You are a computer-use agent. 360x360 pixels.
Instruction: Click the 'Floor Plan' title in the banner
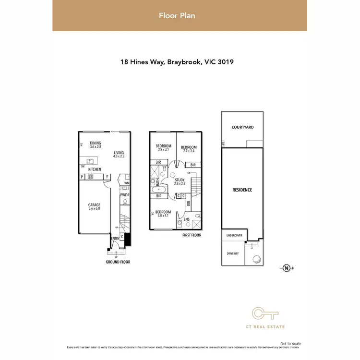177,16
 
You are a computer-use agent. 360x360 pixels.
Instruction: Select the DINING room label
96,143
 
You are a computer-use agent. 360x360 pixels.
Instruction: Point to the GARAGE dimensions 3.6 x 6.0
94,208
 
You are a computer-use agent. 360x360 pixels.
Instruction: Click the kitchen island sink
89,161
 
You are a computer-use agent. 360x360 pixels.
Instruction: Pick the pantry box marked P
83,177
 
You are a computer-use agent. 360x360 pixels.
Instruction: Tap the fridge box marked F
108,177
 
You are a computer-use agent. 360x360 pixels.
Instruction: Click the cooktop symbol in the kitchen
90,177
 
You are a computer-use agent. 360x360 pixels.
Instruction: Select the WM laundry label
126,183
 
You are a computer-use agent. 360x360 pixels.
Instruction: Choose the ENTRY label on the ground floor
115,239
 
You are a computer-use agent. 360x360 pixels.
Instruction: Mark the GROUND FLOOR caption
118,262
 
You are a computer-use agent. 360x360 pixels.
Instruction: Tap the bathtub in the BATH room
158,196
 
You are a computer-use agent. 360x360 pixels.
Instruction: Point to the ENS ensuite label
187,220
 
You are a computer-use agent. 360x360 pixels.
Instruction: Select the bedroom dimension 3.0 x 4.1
163,216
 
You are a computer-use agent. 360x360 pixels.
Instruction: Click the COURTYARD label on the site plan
242,127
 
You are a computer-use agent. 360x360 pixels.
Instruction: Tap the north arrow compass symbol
287,268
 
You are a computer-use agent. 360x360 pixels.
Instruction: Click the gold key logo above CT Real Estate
265,314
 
